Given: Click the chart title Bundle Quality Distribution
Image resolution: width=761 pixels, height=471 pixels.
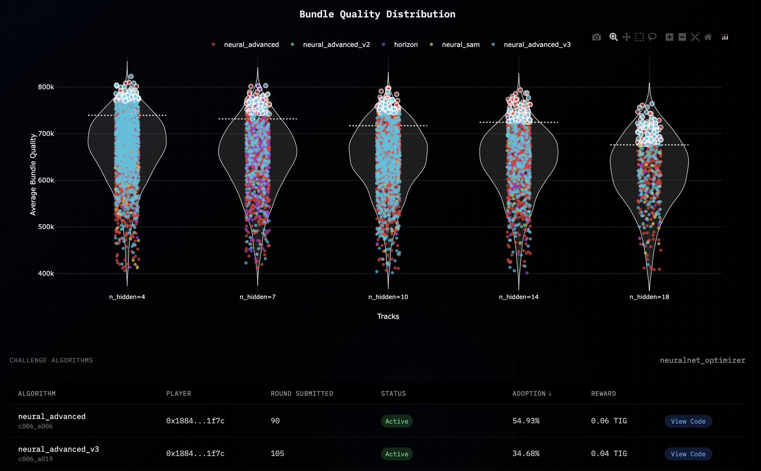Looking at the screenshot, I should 377,14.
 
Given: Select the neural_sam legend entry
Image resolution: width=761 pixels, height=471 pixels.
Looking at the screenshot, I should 460,45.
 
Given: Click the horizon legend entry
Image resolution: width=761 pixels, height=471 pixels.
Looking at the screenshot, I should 405,45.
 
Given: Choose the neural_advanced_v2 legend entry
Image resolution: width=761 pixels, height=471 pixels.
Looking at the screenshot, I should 336,45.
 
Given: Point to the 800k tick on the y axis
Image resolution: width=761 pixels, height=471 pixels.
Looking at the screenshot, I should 46,87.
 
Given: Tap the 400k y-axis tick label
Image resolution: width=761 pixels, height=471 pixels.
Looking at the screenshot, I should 46,274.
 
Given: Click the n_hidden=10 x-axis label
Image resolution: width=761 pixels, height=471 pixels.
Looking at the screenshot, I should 388,297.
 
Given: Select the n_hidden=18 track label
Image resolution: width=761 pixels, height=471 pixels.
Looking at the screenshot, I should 649,297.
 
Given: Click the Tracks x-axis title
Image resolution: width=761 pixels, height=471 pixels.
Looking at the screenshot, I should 388,316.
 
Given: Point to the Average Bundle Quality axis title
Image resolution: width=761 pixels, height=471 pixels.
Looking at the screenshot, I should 33,174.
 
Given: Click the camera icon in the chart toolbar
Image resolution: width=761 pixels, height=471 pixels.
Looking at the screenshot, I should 596,37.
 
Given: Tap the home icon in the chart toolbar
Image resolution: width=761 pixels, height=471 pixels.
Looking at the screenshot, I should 708,37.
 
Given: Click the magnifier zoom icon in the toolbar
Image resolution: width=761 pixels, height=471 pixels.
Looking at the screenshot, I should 613,37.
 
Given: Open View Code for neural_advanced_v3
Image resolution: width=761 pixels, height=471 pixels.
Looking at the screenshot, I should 688,454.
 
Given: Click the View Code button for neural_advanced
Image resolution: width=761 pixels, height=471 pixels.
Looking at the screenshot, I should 688,421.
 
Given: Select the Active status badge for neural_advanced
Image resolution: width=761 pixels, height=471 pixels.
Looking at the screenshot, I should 396,421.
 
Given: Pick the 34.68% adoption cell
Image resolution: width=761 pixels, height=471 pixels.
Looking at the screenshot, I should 526,454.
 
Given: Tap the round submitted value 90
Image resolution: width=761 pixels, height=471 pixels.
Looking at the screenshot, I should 275,421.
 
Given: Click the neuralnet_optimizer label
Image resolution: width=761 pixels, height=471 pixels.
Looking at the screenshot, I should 702,360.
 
